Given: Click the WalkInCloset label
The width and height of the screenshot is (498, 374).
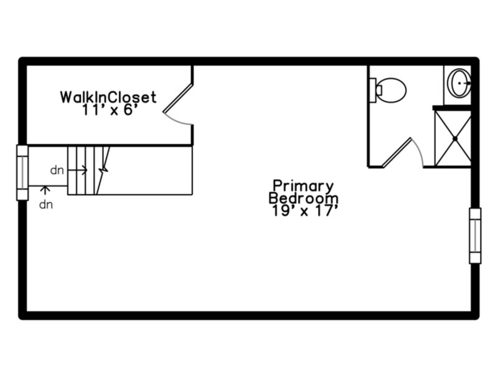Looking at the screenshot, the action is pyautogui.click(x=108, y=97).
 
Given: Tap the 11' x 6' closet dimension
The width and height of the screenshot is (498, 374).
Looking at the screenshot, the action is pyautogui.click(x=110, y=110).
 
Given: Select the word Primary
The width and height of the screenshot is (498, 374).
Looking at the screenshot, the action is pyautogui.click(x=303, y=186).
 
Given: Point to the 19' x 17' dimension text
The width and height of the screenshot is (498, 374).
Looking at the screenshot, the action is pyautogui.click(x=304, y=211).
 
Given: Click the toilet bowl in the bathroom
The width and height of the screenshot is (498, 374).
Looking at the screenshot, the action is pyautogui.click(x=392, y=90).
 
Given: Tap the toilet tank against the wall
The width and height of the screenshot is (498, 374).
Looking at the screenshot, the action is pyautogui.click(x=373, y=90).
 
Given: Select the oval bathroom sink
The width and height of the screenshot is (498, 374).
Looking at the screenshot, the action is pyautogui.click(x=459, y=83).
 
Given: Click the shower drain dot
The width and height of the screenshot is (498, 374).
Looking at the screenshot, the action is pyautogui.click(x=455, y=138).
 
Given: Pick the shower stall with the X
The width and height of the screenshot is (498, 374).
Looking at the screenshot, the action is pyautogui.click(x=453, y=138).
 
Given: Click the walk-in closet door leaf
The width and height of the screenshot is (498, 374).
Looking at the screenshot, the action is pyautogui.click(x=177, y=98).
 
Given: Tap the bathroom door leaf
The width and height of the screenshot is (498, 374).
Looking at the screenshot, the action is pyautogui.click(x=397, y=152).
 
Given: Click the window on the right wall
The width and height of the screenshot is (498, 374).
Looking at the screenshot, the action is pyautogui.click(x=475, y=236).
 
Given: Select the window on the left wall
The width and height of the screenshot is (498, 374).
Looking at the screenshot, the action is pyautogui.click(x=22, y=173).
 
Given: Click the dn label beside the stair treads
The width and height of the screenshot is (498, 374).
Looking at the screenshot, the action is pyautogui.click(x=57, y=170).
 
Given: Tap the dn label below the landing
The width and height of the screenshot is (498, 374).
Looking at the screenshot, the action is pyautogui.click(x=45, y=205).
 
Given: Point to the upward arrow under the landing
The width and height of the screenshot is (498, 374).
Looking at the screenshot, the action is pyautogui.click(x=45, y=190).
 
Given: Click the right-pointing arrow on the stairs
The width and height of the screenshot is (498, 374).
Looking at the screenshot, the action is pyautogui.click(x=77, y=170).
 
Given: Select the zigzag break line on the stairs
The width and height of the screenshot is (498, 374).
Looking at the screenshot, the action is pyautogui.click(x=103, y=170).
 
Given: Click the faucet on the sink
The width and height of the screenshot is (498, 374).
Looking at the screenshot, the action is pyautogui.click(x=466, y=83).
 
